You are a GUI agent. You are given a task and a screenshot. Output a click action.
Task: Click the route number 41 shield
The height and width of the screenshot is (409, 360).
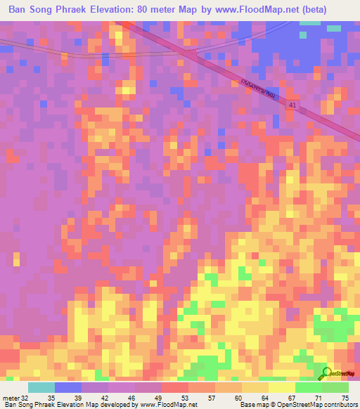tap(292, 104)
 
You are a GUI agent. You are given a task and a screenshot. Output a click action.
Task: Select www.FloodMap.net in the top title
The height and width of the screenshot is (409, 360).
tap(261, 10)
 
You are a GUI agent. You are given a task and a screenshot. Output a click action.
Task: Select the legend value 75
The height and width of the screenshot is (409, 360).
tap(345, 397)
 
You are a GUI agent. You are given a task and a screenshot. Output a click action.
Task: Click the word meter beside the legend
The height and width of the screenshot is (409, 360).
tap(11, 397)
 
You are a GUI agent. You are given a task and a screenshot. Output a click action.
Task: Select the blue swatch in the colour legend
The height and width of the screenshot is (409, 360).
tap(67, 387)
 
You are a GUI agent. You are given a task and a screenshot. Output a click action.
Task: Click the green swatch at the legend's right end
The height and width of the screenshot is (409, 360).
tap(335, 387)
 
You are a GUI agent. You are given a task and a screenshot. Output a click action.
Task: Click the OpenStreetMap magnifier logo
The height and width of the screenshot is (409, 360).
tap(327, 374)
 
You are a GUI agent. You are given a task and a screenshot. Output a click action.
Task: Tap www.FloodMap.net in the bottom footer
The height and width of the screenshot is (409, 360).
tap(168, 405)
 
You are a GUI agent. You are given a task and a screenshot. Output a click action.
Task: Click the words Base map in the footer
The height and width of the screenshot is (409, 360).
tap(252, 405)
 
